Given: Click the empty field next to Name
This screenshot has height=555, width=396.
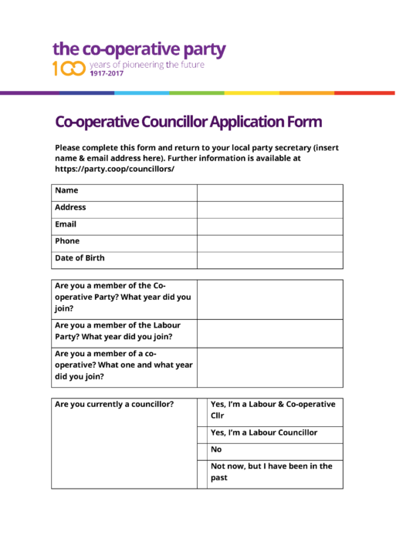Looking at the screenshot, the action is [x=269, y=192].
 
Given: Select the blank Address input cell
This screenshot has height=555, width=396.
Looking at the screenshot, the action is [x=269, y=209].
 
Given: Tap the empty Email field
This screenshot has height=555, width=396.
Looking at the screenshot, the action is [x=269, y=226].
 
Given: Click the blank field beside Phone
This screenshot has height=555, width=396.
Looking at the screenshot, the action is [x=269, y=243].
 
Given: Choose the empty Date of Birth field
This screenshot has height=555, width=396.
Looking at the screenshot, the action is [x=269, y=260].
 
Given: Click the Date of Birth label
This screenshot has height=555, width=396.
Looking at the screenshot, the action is [x=80, y=258].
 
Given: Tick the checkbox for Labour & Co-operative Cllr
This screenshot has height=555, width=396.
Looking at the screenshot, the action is [x=202, y=410].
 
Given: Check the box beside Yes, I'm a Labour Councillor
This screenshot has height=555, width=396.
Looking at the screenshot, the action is [x=202, y=433].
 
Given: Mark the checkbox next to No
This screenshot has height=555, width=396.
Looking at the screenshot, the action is [x=202, y=449].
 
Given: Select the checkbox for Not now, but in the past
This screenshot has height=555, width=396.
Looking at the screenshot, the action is [x=202, y=473].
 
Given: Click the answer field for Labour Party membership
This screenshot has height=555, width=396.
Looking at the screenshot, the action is [x=269, y=333].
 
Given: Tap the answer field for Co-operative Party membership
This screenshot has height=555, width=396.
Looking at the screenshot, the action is [x=269, y=299].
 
